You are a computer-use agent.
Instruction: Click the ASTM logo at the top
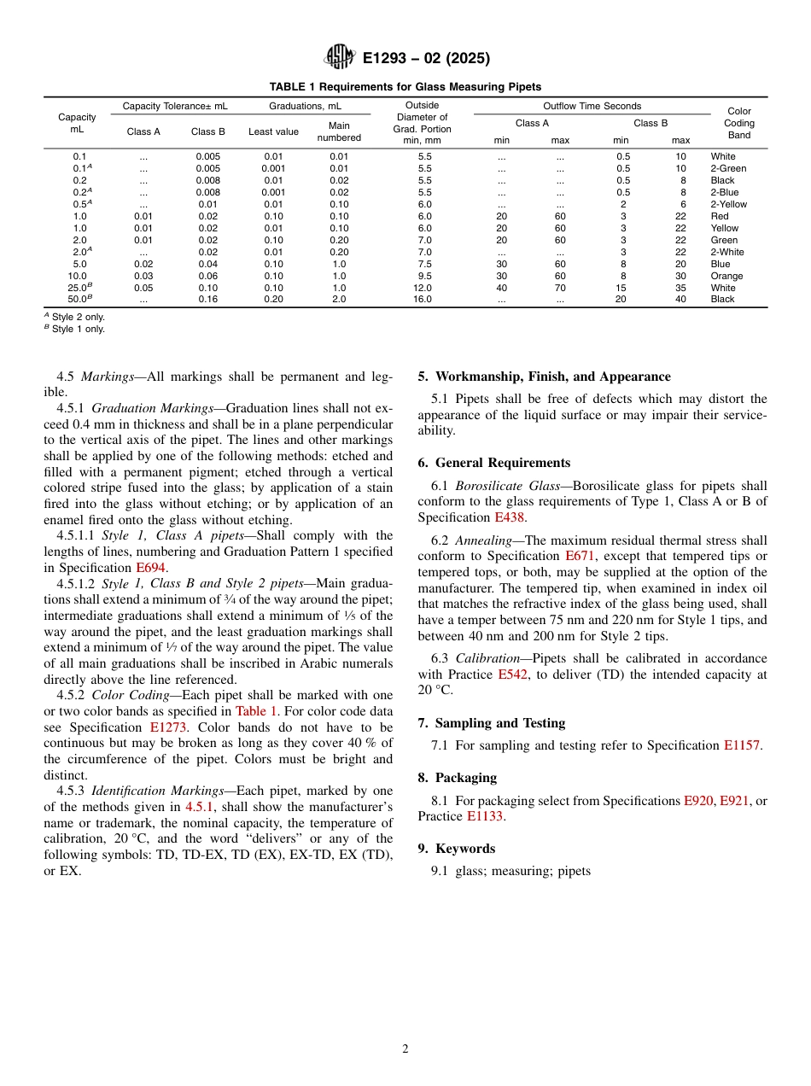341,58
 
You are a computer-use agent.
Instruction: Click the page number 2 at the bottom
405,1049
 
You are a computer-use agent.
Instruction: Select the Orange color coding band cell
726,276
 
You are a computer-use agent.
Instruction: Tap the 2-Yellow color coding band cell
728,204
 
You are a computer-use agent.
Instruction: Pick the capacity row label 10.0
78,276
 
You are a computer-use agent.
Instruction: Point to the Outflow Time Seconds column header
592,106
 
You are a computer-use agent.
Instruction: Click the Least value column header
273,131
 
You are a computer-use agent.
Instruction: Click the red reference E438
510,517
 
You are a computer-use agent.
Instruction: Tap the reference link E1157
741,745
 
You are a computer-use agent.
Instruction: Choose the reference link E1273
168,727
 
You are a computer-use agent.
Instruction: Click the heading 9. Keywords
457,849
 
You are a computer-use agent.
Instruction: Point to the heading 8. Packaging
458,778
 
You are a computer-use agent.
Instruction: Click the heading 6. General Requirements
494,463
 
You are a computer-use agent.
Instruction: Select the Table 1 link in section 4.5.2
256,711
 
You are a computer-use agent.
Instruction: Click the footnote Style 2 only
78,317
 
